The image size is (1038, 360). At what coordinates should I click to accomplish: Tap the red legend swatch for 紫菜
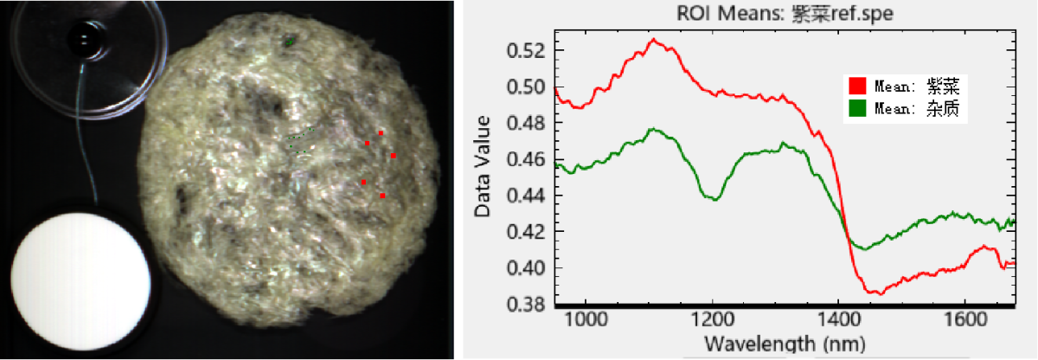[857, 85]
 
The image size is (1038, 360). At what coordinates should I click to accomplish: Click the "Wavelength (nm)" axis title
[768, 343]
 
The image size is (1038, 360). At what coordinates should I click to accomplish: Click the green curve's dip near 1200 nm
[714, 200]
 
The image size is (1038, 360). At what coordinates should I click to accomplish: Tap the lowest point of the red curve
[880, 294]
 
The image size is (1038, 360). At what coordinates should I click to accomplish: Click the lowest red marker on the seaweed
[382, 196]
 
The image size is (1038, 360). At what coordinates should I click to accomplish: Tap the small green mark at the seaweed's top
[291, 40]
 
